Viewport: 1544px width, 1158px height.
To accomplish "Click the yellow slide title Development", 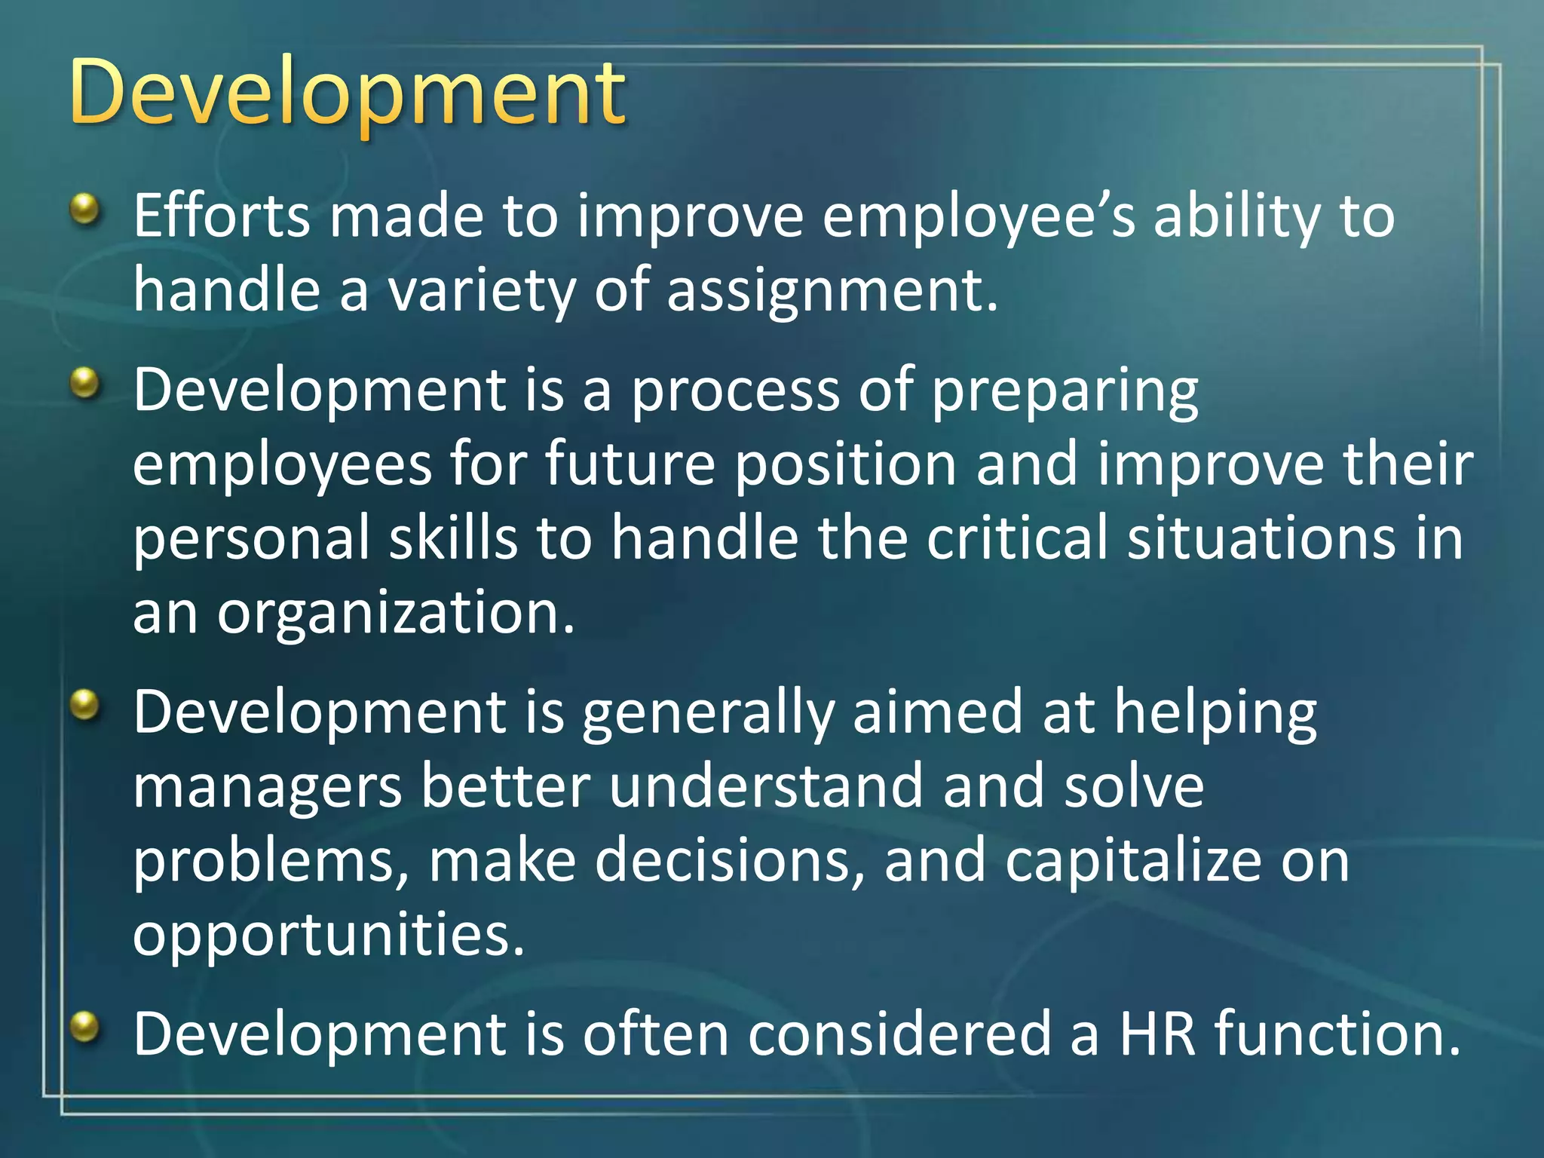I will pyautogui.click(x=347, y=94).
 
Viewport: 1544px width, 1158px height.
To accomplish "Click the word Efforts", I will pyautogui.click(x=221, y=216).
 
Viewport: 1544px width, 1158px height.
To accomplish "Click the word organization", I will pyautogui.click(x=396, y=613).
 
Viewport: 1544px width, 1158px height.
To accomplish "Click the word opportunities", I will pyautogui.click(x=328, y=936).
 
